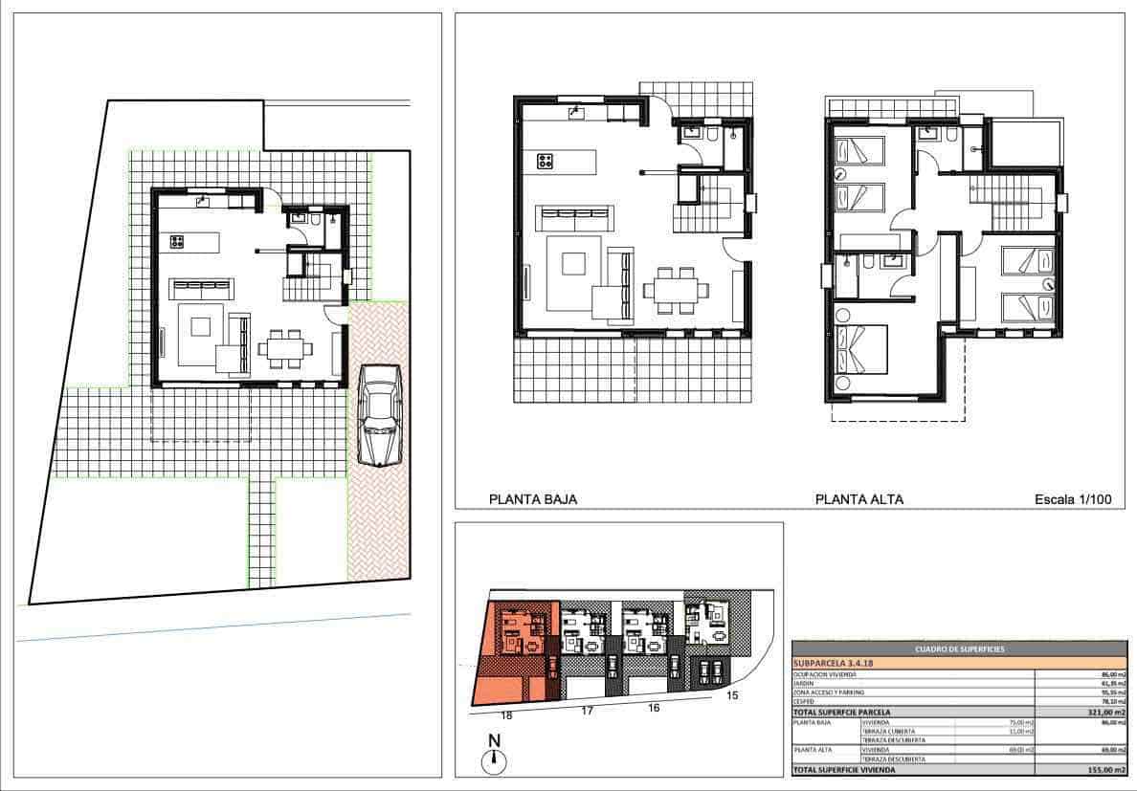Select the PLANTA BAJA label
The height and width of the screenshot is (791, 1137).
coord(533,498)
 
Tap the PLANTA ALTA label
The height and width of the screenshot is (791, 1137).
coord(858,498)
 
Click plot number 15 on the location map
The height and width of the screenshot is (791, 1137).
coord(733,694)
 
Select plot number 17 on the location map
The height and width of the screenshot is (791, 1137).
coord(587,710)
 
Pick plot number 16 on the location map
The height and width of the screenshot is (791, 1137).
coord(654,707)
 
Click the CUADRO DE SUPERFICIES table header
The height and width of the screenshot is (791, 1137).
coord(959,649)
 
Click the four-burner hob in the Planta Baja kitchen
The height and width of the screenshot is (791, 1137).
coord(546,162)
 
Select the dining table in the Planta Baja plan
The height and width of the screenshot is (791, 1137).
coord(676,288)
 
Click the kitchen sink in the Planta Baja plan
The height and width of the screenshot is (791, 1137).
coord(576,114)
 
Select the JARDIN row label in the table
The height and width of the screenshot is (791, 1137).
coord(804,683)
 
